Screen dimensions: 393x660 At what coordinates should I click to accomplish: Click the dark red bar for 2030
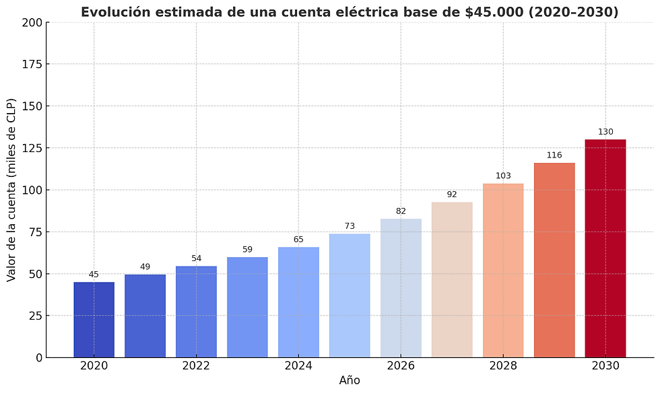tap(605, 248)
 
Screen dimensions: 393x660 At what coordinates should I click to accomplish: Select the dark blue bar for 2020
tap(94, 320)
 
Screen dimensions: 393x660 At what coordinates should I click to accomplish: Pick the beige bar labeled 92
tap(452, 280)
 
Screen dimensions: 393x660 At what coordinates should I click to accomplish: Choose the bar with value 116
tap(554, 260)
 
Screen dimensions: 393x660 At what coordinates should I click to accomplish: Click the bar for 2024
tap(298, 302)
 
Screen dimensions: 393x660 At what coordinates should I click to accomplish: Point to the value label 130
tap(605, 132)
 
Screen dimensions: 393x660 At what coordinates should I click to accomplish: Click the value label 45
tap(94, 275)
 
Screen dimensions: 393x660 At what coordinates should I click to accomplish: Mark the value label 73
tap(350, 226)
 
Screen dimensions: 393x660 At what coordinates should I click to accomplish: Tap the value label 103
tap(503, 176)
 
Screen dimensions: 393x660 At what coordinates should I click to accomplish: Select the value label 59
tap(247, 250)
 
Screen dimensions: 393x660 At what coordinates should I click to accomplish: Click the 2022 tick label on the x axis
tap(196, 366)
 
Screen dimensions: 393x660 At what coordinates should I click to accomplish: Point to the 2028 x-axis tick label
tap(503, 366)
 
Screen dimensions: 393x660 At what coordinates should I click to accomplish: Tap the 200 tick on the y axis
tap(32, 22)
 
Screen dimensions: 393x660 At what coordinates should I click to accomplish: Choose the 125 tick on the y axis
tap(32, 148)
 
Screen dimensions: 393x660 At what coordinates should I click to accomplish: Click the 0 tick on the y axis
tap(38, 357)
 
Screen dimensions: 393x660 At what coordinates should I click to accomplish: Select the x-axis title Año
tap(349, 381)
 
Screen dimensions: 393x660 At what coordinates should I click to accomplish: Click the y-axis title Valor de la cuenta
tap(11, 190)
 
